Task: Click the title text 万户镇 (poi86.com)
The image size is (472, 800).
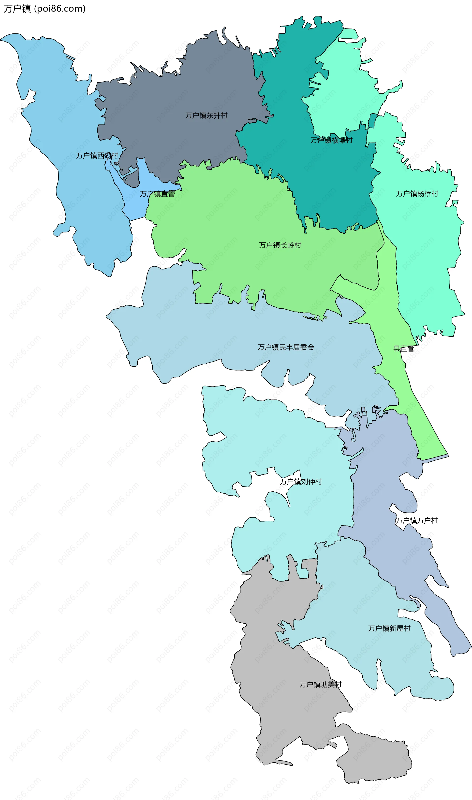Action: click(44, 9)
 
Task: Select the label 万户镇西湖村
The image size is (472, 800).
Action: click(97, 156)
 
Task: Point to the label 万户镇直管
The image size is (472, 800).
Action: click(157, 194)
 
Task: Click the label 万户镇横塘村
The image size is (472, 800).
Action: click(331, 140)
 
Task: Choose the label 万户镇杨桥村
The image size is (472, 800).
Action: click(417, 194)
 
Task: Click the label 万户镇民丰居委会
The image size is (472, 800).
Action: click(286, 347)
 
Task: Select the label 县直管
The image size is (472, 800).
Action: click(404, 349)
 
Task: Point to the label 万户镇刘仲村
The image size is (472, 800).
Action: click(301, 482)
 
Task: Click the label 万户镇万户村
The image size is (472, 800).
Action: click(416, 521)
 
